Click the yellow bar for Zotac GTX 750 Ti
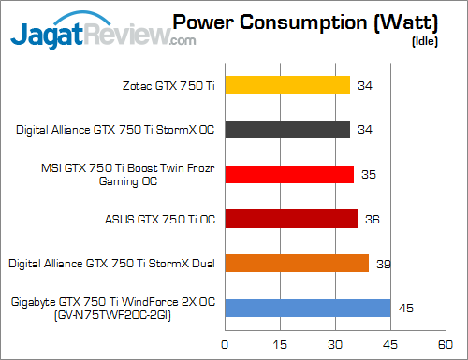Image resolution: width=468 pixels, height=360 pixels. click(286, 85)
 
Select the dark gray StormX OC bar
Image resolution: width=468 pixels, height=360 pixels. click(286, 129)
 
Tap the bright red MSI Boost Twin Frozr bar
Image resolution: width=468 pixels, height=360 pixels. click(288, 174)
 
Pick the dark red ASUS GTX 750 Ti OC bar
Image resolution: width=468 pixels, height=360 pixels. click(290, 219)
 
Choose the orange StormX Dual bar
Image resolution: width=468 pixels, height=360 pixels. click(296, 264)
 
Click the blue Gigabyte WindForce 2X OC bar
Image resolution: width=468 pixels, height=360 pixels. click(307, 309)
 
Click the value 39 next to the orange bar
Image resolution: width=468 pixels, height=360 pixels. click(382, 265)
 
